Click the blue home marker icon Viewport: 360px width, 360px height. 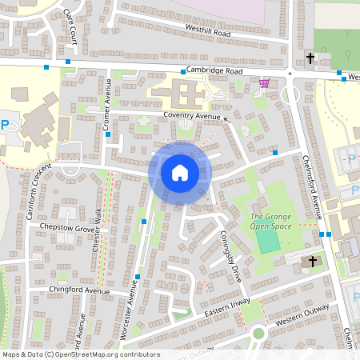point(180,172)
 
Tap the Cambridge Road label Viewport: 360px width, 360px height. point(214,70)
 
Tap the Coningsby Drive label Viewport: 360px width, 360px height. point(230,256)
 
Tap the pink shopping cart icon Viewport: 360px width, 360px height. point(263,82)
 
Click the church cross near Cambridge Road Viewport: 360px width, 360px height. point(310,58)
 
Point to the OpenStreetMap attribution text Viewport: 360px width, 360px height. point(80,354)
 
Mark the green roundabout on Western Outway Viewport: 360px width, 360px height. point(258,334)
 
